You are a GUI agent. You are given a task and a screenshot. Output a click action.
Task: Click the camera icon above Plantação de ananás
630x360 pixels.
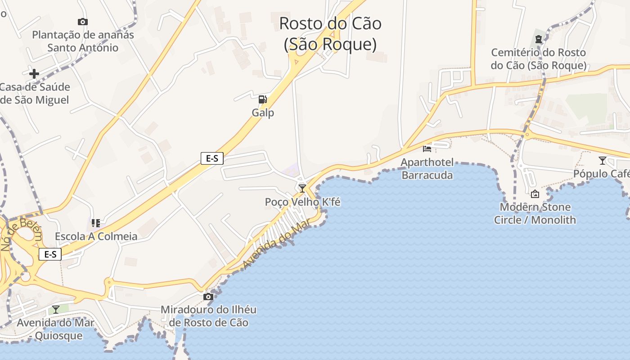82,22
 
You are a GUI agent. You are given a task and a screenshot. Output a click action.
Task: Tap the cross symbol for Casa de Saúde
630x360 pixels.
34,73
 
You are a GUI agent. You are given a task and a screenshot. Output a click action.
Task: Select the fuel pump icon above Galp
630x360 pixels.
262,99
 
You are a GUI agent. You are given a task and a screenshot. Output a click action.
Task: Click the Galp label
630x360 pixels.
263,112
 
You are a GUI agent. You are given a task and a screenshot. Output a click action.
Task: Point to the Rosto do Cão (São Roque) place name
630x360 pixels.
330,34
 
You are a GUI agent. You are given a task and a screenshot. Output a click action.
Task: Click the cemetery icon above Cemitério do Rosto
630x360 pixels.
538,39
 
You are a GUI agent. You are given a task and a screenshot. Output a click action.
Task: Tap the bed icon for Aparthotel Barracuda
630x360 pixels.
427,148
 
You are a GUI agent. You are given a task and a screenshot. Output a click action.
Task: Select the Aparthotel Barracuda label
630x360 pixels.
427,169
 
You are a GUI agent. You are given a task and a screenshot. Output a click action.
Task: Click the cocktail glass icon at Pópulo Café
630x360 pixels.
603,160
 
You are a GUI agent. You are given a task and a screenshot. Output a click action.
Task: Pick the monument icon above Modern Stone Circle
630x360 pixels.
535,194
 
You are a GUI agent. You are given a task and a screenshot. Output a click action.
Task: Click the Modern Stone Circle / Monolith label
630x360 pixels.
535,214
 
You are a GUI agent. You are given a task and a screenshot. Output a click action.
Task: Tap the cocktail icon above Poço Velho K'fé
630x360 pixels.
302,188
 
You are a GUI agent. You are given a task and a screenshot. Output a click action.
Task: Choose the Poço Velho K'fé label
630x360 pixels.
302,202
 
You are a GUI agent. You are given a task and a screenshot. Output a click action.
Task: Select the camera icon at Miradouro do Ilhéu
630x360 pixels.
208,297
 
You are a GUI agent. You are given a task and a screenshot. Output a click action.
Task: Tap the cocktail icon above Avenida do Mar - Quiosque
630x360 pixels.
55,309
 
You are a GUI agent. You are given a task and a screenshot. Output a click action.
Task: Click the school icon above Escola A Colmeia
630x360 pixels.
96,223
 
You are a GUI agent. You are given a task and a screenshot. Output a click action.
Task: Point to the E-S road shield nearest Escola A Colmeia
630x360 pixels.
50,254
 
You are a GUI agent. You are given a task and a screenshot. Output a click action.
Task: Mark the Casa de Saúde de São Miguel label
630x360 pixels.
35,93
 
